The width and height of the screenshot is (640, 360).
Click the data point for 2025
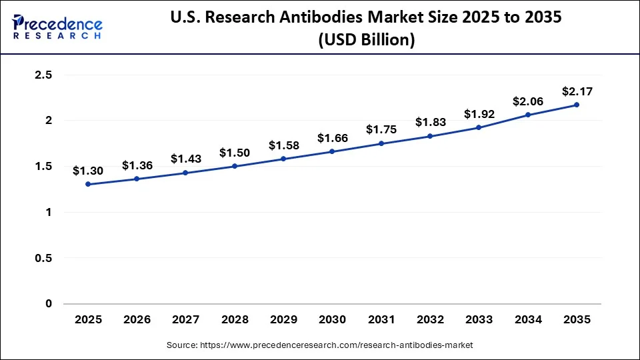click(x=89, y=184)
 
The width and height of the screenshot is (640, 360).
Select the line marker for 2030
click(x=333, y=151)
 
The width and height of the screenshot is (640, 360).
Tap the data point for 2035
click(x=577, y=105)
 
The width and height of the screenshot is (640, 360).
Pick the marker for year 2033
click(x=479, y=127)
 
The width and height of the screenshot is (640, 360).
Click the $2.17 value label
click(x=577, y=91)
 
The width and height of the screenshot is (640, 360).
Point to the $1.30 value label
click(x=89, y=171)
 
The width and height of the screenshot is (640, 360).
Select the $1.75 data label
click(x=381, y=130)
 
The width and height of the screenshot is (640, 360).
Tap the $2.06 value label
click(x=528, y=101)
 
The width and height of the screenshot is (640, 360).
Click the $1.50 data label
click(x=235, y=153)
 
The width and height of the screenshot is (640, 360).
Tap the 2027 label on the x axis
click(x=186, y=320)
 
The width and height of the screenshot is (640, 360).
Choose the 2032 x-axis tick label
click(x=430, y=320)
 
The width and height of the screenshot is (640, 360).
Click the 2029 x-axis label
click(x=284, y=320)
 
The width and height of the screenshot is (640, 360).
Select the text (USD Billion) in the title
click(x=367, y=40)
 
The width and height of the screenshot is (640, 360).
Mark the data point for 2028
click(x=235, y=166)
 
